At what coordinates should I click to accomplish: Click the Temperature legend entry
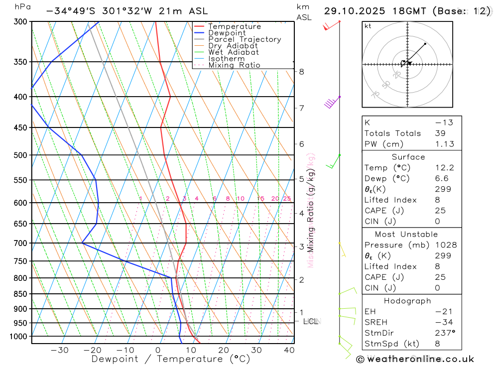point(234,26)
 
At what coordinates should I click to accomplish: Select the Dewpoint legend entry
point(227,33)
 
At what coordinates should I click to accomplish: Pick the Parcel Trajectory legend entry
point(245,39)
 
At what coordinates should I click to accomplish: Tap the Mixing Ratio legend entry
point(234,65)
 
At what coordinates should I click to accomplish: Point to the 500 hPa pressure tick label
point(20,155)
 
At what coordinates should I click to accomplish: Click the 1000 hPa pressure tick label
point(18,337)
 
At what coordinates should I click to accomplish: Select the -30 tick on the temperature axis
point(60,350)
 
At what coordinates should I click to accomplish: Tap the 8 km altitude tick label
point(301,72)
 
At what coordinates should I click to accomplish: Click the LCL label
point(311,322)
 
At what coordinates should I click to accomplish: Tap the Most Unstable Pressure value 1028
point(446,245)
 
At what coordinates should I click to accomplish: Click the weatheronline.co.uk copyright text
point(415,359)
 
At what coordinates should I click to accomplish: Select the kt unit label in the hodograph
point(368,26)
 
